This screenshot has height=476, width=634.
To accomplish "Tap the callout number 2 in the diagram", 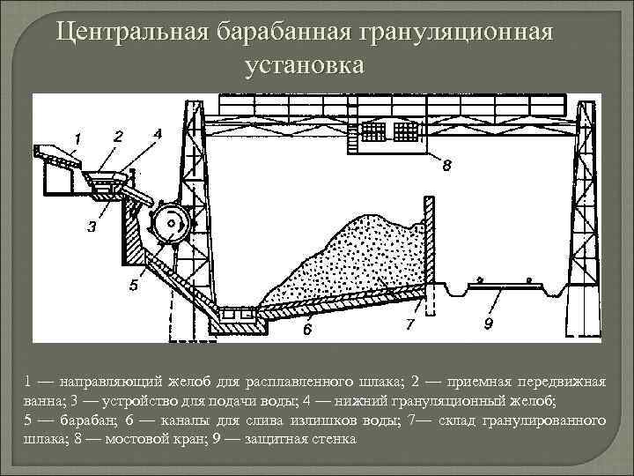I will tap(119, 135).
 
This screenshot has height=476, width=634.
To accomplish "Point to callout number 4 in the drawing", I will tap(158, 134).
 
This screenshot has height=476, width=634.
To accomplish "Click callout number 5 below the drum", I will tap(134, 285).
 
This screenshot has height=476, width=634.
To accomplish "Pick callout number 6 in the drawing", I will tap(306, 331).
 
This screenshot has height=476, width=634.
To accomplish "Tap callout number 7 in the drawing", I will tap(409, 325).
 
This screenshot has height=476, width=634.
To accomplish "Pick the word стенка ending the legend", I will tap(335, 438).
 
